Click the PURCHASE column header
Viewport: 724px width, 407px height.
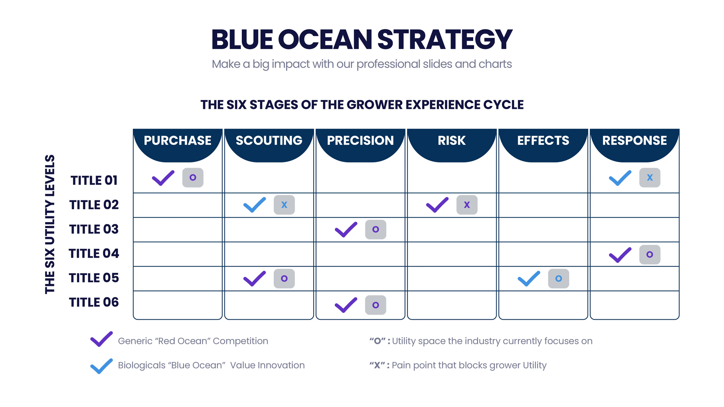[x=177, y=140]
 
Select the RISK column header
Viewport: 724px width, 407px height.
[x=451, y=140]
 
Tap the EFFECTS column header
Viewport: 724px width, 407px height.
[x=543, y=140]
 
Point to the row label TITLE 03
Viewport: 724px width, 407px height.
[x=94, y=229]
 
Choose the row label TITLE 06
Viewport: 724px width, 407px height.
[x=94, y=302]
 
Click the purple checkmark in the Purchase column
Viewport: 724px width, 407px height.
[x=163, y=178]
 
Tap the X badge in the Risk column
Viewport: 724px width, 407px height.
[x=467, y=205]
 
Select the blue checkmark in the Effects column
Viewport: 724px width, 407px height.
[x=529, y=279]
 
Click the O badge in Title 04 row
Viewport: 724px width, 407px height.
[x=650, y=255]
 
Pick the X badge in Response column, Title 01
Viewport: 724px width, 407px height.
[x=650, y=178]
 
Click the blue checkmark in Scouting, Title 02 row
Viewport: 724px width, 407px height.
[x=254, y=205]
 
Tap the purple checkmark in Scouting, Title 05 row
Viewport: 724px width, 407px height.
[x=254, y=279]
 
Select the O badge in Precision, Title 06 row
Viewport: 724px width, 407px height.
[x=375, y=305]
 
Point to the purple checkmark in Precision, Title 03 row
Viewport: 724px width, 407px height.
[x=346, y=230]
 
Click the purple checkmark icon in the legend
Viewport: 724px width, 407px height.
[x=101, y=339]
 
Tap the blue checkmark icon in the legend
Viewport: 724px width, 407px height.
[x=101, y=366]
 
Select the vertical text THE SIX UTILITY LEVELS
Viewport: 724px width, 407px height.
[x=50, y=224]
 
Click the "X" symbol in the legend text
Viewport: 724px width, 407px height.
[x=377, y=365]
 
